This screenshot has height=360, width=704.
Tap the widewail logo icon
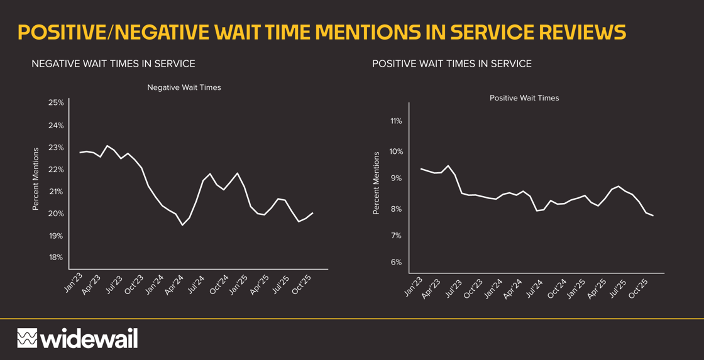tap(27, 338)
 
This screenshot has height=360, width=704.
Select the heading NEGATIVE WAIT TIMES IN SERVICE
tap(113, 63)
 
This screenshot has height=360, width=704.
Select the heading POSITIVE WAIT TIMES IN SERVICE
tap(451, 63)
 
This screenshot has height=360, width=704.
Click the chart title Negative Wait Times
tap(184, 87)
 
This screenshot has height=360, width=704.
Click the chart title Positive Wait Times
tap(524, 98)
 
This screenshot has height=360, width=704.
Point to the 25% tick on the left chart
tap(56, 102)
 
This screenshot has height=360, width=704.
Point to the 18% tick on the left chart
tap(56, 257)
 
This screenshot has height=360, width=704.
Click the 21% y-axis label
tap(56, 192)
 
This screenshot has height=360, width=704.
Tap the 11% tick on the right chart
tap(396, 121)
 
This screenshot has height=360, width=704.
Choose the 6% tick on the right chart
tap(396, 262)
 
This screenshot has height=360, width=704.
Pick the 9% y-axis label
tap(396, 178)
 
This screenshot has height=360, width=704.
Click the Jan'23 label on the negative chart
tap(74, 283)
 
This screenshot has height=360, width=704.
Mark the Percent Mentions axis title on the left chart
tap(36, 179)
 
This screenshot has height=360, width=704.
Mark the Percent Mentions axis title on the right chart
tap(376, 183)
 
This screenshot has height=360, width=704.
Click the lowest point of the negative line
tap(182, 225)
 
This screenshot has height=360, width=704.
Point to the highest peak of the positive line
tap(448, 166)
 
